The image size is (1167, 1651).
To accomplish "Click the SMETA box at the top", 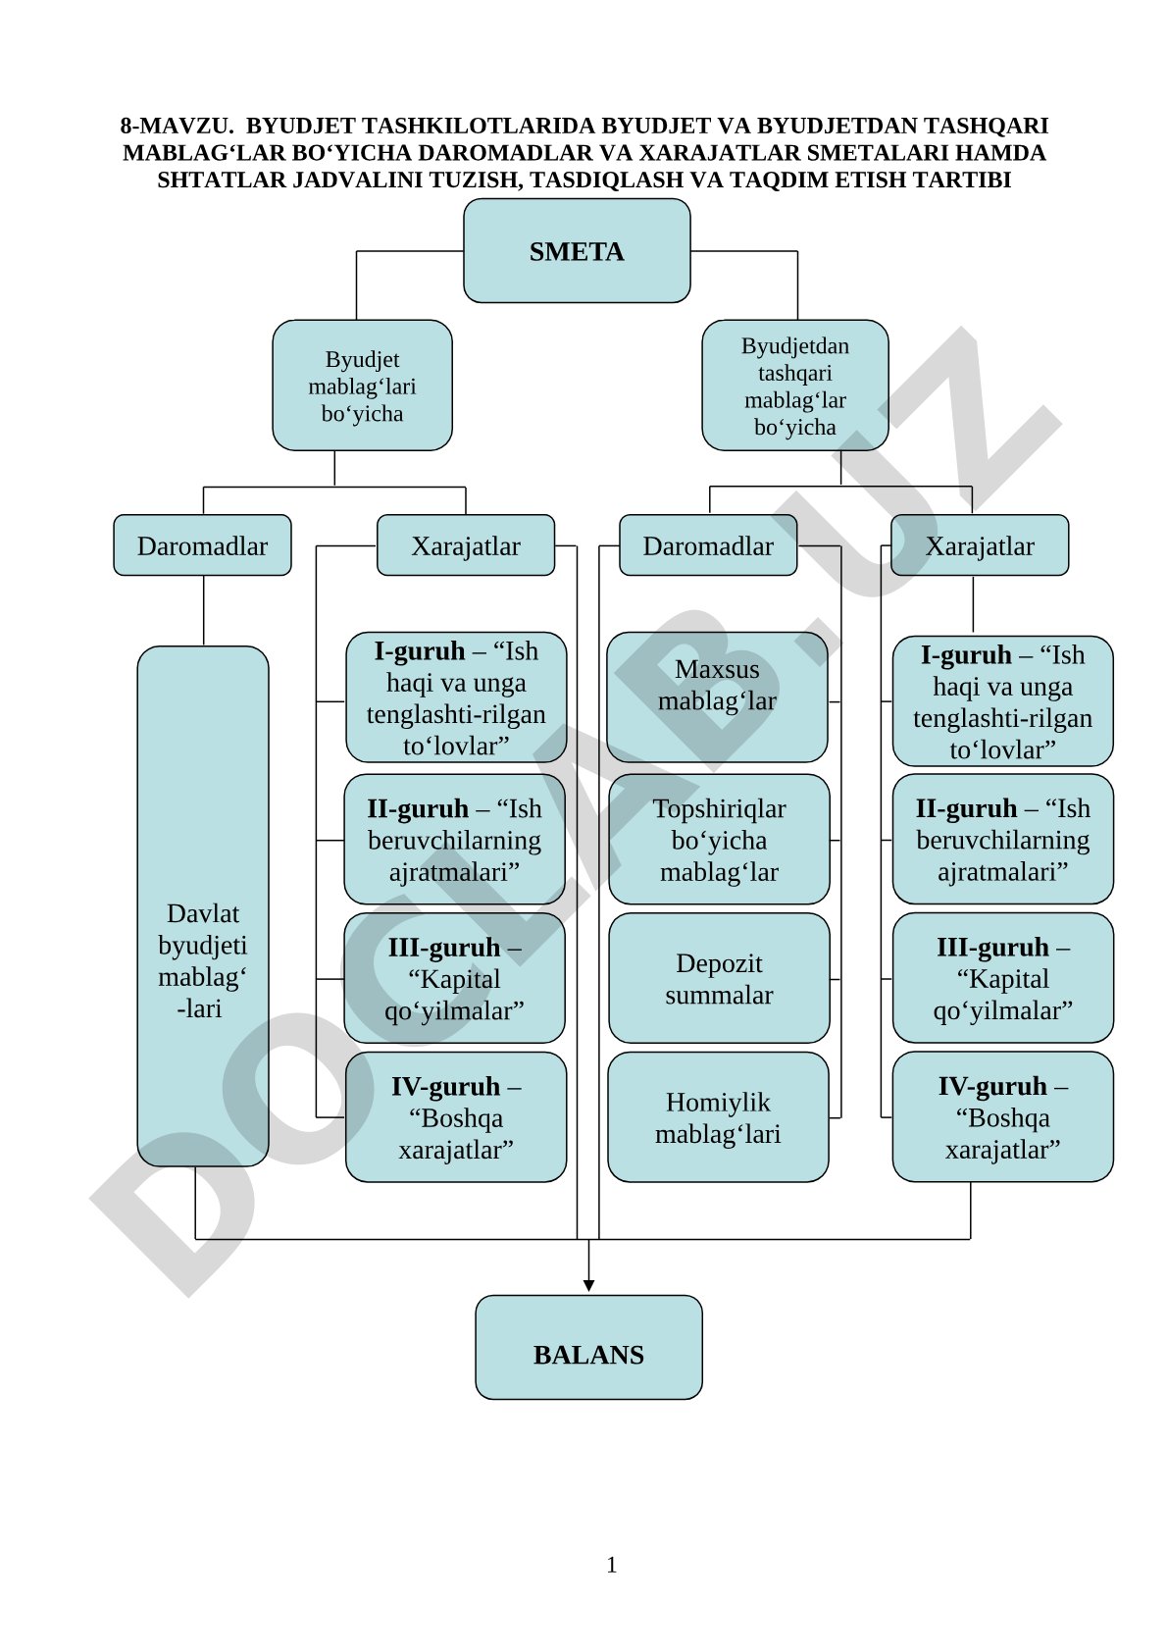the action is (x=576, y=250).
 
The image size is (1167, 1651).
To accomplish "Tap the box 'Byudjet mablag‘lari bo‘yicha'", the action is (x=362, y=386).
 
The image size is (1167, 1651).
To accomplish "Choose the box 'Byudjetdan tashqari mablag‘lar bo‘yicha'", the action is (x=795, y=386).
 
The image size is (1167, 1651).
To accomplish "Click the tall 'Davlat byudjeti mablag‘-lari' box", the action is (x=203, y=905).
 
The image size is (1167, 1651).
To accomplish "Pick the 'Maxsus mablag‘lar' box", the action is (x=717, y=697).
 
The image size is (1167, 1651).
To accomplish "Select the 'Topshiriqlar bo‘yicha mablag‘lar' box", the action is (x=719, y=839).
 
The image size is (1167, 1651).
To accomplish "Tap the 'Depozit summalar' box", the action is (x=719, y=978).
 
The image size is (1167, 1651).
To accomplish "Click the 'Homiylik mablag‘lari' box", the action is (x=718, y=1116).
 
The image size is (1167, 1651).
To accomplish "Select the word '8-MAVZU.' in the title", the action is (x=177, y=126).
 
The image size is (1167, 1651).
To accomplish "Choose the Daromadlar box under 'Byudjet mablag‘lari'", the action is (x=202, y=544).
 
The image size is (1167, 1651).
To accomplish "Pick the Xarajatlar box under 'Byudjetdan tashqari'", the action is (x=979, y=544).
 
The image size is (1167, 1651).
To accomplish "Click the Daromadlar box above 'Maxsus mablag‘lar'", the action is (x=708, y=544).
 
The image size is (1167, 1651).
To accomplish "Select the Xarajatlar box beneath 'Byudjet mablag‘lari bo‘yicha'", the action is (x=466, y=544).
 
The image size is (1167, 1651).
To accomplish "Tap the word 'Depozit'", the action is (x=719, y=963).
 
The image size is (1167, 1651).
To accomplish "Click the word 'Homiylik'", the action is (x=718, y=1102).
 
